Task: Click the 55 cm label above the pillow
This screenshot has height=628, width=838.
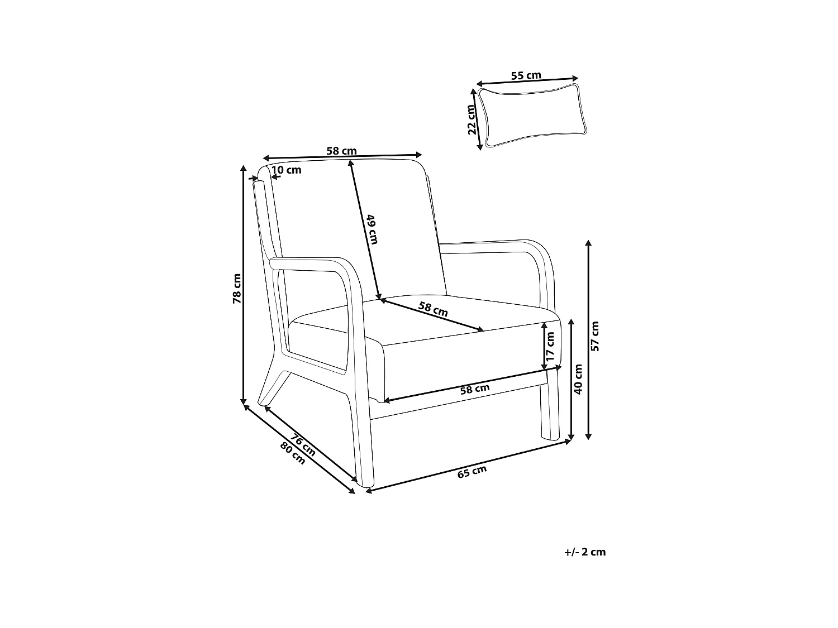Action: tap(526, 75)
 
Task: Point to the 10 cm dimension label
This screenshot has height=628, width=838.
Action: tap(286, 170)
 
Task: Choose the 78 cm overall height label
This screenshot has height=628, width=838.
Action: tap(237, 289)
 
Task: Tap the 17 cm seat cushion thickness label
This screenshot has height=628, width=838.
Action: tap(551, 347)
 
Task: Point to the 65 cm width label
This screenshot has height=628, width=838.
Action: tap(472, 472)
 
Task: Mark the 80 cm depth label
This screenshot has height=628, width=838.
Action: tap(293, 453)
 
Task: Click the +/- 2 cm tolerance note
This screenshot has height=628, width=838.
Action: tap(585, 552)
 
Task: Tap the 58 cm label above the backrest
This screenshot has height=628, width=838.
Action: tap(341, 151)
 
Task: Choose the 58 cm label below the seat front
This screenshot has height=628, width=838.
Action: tap(474, 389)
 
